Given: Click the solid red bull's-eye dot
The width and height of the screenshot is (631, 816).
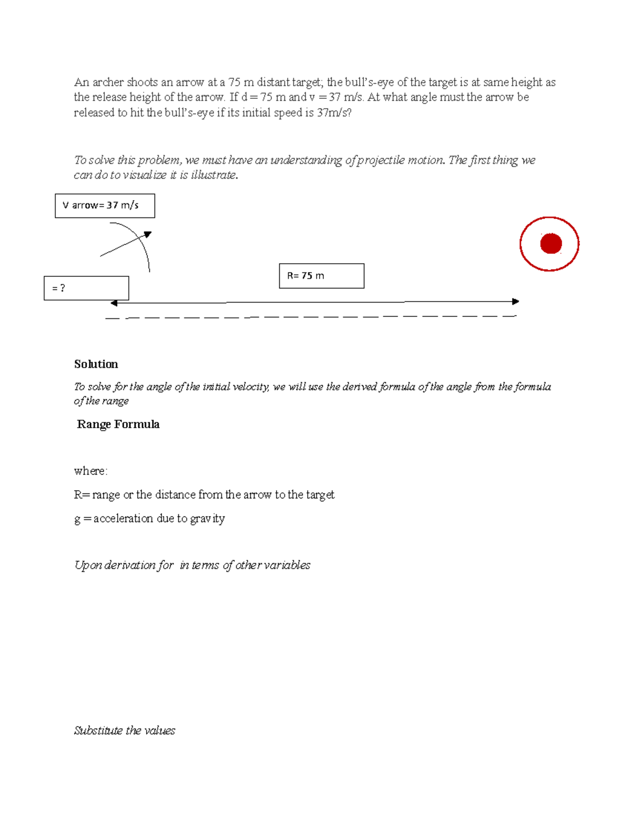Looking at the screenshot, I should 551,244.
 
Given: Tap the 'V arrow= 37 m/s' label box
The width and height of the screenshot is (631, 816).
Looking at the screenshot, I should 105,205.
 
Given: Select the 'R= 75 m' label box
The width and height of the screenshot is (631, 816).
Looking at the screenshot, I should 321,276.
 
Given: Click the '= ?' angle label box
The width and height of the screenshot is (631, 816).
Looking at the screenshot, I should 86,288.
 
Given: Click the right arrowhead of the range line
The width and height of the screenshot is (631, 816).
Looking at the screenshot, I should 516,302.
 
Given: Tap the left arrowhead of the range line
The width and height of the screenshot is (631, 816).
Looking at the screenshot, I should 114,303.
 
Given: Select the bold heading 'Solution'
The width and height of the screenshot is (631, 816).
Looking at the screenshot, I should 96,364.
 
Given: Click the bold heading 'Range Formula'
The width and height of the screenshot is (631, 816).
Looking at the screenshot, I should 118,424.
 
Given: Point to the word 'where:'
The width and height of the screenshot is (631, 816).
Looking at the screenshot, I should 90,471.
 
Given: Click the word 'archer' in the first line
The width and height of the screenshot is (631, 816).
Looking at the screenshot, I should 108,82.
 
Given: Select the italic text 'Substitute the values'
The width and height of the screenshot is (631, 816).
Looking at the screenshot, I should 124,730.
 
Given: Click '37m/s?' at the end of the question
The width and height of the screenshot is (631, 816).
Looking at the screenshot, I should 334,112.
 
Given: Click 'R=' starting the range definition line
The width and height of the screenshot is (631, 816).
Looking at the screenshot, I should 82,495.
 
